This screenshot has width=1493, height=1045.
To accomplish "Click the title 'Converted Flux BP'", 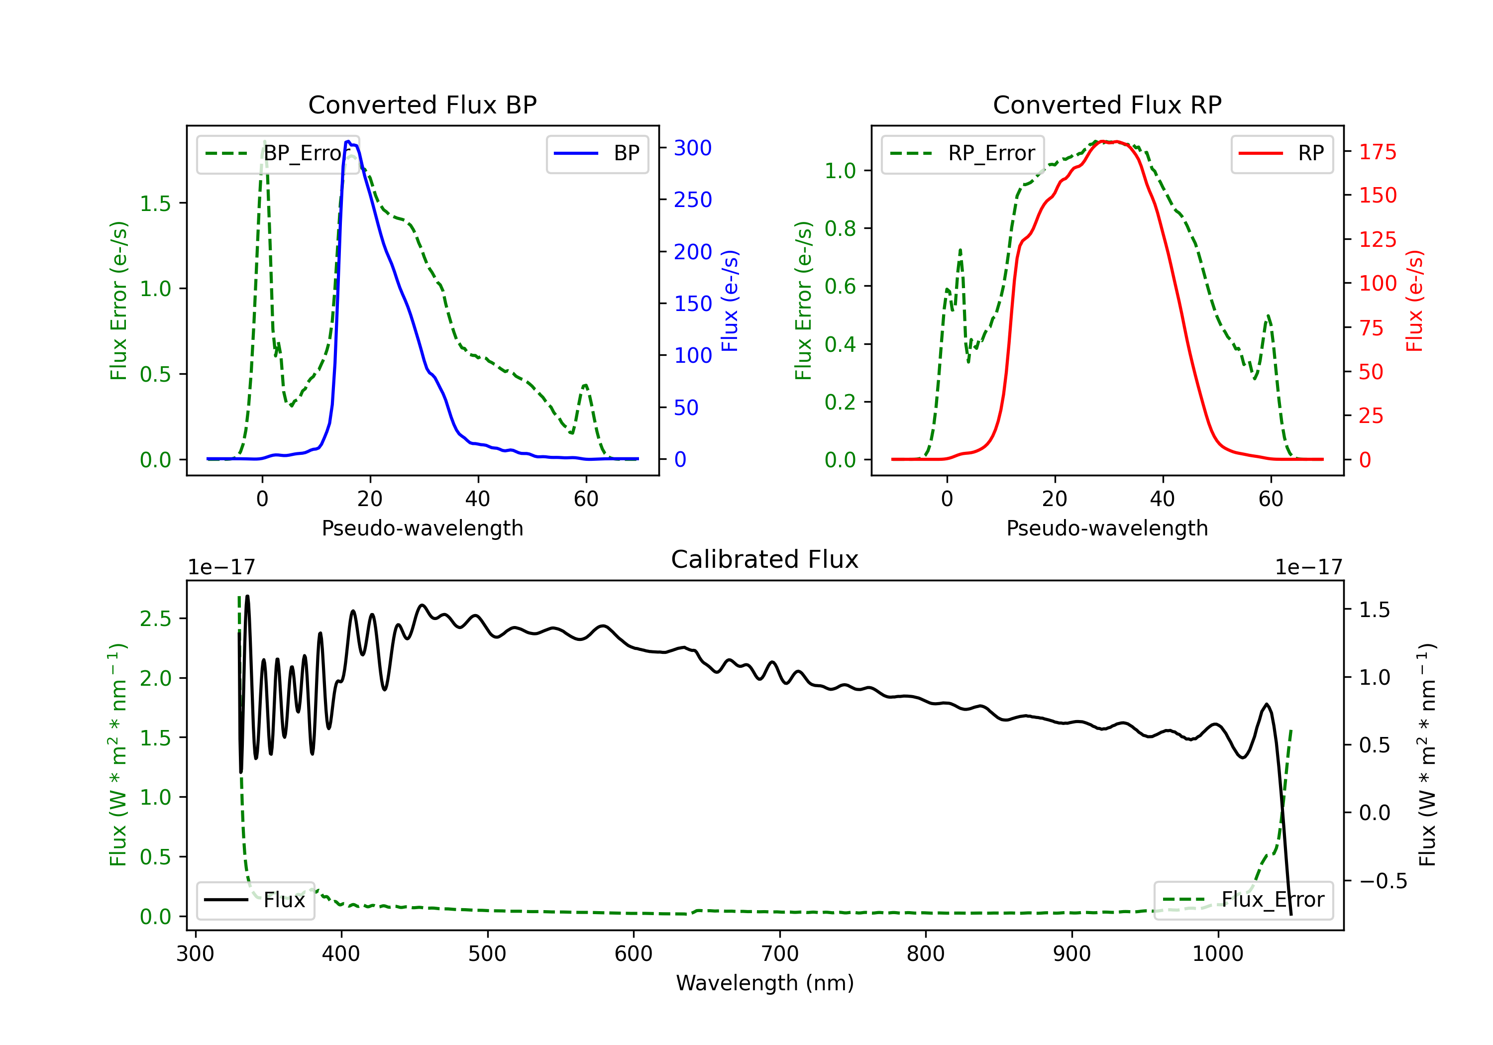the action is (423, 104).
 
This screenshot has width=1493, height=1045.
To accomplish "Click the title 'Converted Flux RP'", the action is (1107, 104).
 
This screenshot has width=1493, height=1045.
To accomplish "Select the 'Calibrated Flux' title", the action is (765, 559).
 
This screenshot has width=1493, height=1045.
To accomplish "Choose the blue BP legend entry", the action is (597, 153).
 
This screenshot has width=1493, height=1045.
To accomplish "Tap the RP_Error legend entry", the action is (962, 153).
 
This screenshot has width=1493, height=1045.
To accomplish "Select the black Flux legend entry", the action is (255, 900).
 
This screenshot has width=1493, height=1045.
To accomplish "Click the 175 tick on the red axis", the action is (1377, 152).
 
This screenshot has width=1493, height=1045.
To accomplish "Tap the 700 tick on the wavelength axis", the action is (780, 954).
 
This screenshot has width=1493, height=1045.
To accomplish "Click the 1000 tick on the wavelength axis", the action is (1218, 954).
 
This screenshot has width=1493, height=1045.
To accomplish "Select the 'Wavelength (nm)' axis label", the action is (765, 983).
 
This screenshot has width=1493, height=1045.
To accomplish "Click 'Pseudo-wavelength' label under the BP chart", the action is (423, 528).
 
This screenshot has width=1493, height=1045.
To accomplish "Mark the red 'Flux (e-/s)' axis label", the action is (1414, 301).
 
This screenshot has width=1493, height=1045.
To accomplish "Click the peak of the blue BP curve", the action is (348, 141).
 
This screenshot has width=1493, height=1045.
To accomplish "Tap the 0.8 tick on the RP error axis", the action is (840, 228).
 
